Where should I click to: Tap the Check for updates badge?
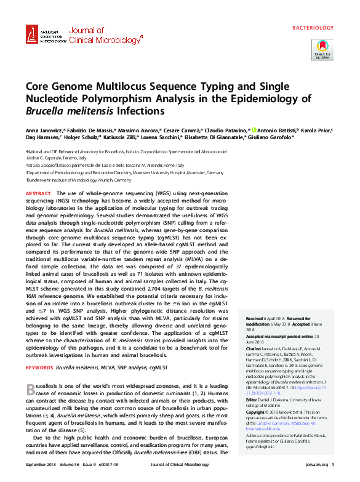click(322, 49)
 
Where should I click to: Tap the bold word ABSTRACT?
click(38, 193)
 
